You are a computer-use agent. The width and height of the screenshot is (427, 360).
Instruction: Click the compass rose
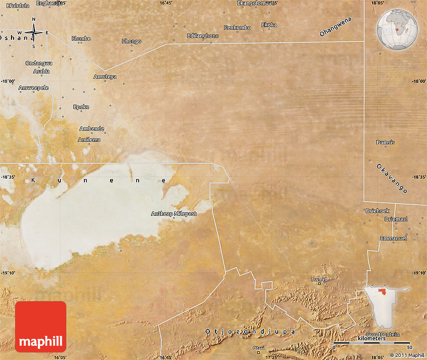34,33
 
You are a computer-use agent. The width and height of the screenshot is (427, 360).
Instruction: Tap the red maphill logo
41,326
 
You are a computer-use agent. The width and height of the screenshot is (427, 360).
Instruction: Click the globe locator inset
397,30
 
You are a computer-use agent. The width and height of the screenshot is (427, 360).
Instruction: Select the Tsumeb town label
319,279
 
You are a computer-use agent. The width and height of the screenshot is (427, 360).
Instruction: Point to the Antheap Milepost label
174,214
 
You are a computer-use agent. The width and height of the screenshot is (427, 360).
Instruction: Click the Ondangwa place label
39,63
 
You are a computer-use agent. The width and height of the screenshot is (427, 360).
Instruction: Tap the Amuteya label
105,76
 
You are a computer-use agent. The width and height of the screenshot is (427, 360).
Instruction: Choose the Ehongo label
132,41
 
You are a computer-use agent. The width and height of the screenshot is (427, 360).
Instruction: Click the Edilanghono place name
202,36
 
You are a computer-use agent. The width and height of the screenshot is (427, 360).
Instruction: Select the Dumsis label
386,142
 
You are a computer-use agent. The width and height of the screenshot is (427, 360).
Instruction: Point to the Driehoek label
377,211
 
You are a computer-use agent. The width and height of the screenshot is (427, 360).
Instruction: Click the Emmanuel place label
393,238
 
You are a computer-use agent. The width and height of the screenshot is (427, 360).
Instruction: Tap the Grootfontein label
382,334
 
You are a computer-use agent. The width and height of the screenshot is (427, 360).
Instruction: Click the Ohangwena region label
336,27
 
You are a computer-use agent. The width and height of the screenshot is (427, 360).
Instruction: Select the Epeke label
81,107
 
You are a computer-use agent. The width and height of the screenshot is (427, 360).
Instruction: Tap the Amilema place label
89,139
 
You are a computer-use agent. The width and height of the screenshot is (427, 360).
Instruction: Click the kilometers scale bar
372,343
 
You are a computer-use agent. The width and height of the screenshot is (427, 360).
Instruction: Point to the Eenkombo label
237,27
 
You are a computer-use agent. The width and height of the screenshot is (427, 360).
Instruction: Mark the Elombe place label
81,38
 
